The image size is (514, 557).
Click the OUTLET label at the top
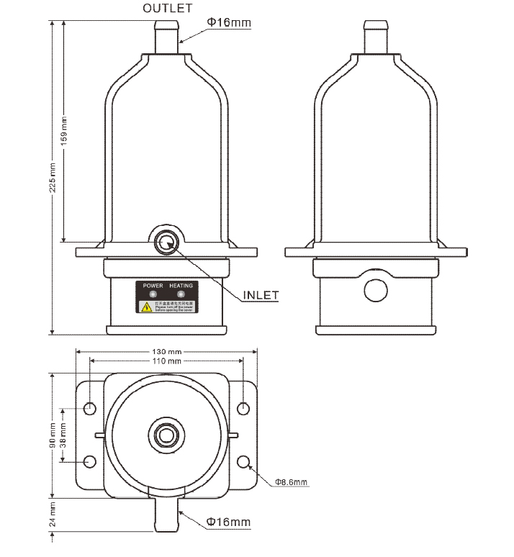(x=168, y=9)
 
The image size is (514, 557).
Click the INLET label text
(x=260, y=294)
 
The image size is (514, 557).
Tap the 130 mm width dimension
(x=166, y=352)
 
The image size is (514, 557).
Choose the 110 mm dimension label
(x=166, y=361)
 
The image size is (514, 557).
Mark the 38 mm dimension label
(x=64, y=435)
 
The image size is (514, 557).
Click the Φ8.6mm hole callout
(x=291, y=481)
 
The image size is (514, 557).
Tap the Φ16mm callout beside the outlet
(x=229, y=22)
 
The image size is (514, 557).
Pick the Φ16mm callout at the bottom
(x=229, y=522)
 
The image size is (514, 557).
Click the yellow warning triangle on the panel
(x=147, y=307)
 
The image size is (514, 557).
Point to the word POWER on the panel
(x=153, y=286)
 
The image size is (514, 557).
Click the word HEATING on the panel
(x=181, y=286)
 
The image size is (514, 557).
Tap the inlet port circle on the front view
(x=167, y=240)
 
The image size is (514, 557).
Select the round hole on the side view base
(x=376, y=289)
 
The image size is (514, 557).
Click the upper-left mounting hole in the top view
(x=90, y=409)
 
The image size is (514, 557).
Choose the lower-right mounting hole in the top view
(x=243, y=461)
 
